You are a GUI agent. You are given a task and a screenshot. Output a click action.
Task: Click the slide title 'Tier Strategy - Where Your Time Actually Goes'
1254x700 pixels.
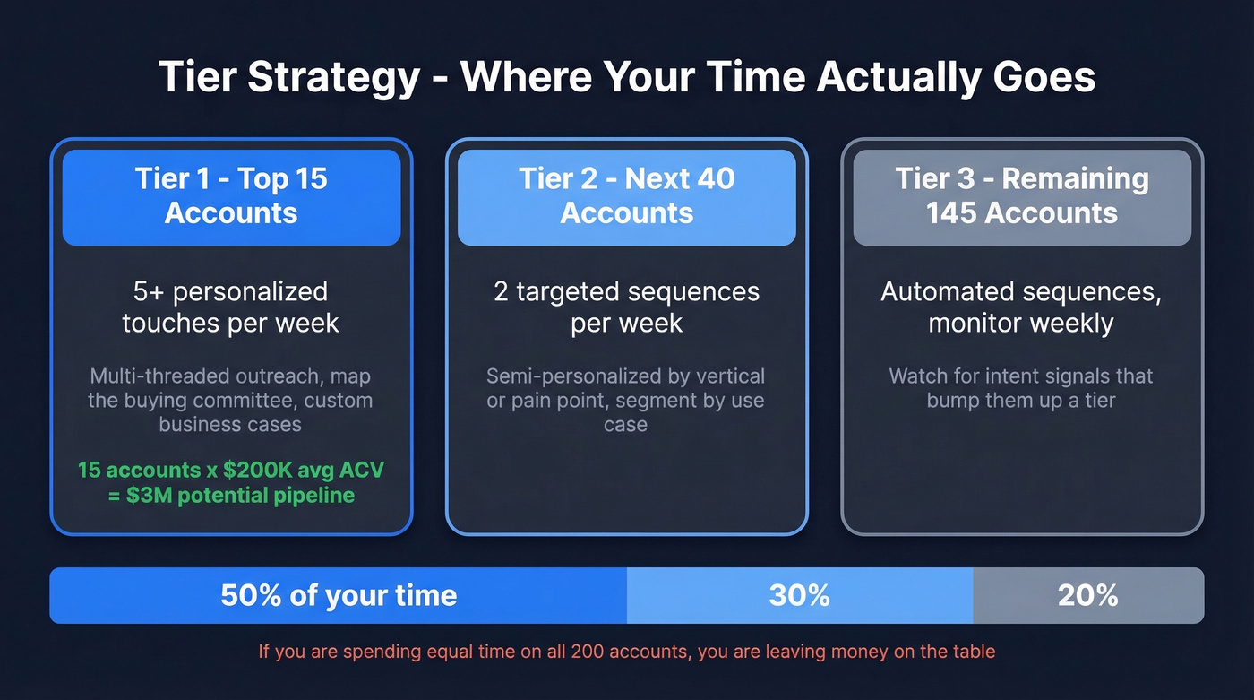627,77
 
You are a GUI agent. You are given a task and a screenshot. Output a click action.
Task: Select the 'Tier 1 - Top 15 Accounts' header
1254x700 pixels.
231,196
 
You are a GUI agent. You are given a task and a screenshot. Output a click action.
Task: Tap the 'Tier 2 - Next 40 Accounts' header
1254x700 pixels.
627,196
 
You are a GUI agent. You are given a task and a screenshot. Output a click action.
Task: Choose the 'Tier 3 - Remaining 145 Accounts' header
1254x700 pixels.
1022,196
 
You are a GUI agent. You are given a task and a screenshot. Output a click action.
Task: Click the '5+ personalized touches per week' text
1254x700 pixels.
231,307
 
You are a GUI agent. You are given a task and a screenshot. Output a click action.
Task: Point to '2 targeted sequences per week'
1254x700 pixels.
627,307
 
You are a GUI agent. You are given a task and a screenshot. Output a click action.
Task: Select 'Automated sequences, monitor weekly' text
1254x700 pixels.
1022,307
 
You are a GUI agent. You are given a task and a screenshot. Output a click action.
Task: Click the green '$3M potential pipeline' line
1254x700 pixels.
231,495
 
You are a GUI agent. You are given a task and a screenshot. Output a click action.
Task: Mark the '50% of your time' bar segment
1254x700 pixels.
339,595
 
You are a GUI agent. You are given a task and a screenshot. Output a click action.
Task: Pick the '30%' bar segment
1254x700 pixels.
799,595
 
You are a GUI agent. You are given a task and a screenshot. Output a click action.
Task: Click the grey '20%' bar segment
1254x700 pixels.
1087,595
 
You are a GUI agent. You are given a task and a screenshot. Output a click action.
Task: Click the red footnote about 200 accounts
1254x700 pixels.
627,651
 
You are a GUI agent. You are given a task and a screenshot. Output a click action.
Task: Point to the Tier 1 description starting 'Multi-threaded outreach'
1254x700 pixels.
231,400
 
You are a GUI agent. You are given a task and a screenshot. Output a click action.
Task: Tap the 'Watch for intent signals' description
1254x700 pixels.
1022,387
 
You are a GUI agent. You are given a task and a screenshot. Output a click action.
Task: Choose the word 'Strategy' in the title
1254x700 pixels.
333,78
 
